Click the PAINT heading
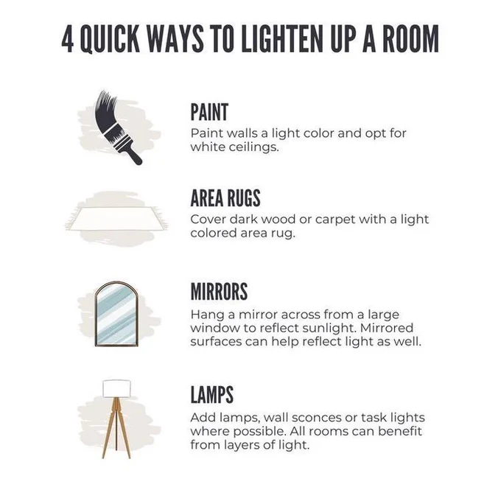click(x=209, y=112)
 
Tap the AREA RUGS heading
click(x=225, y=198)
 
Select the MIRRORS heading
click(x=219, y=291)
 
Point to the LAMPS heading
click(x=212, y=395)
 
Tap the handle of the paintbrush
click(x=133, y=155)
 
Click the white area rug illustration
click(x=116, y=219)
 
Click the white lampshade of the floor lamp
click(x=116, y=389)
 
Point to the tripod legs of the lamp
click(x=116, y=428)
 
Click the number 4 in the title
click(x=68, y=39)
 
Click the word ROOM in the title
click(x=410, y=39)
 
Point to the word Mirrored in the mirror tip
click(x=387, y=328)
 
